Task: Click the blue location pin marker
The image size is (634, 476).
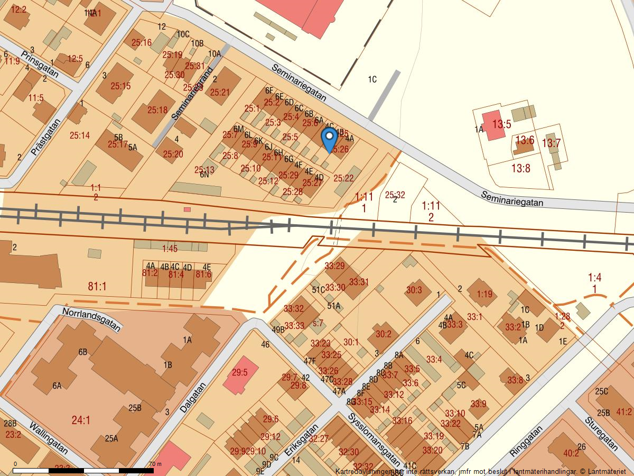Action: pyautogui.click(x=330, y=139)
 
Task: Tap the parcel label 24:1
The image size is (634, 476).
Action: pyautogui.click(x=81, y=420)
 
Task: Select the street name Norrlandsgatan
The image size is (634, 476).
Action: pyautogui.click(x=91, y=319)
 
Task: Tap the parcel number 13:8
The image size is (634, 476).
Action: pyautogui.click(x=520, y=168)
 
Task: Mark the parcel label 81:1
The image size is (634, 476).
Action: pyautogui.click(x=97, y=286)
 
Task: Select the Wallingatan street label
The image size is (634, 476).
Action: pyautogui.click(x=49, y=437)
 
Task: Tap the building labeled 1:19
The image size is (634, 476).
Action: pyautogui.click(x=484, y=294)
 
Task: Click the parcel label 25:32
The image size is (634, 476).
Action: pyautogui.click(x=395, y=195)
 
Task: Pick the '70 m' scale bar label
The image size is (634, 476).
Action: pyautogui.click(x=155, y=464)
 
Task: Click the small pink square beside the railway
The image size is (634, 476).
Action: pyautogui.click(x=187, y=209)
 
